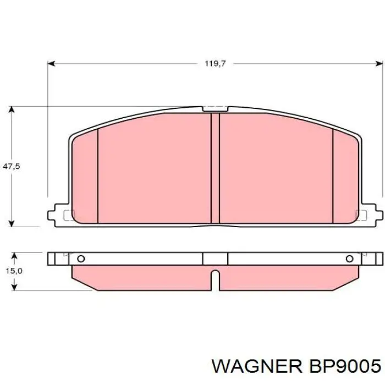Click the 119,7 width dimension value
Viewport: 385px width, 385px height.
tap(215, 64)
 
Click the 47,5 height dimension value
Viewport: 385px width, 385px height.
tap(12, 167)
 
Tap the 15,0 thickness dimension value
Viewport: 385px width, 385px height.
tap(14, 271)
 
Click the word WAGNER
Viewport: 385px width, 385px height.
tap(257, 367)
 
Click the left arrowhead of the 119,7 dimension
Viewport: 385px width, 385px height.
tap(51, 64)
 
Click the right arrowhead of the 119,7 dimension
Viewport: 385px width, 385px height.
tap(380, 64)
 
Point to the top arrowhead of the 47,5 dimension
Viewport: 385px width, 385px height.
tap(12, 109)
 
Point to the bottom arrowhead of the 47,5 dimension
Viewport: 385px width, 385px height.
tap(12, 223)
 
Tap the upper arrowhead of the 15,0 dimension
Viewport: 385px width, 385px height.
tap(14, 256)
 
